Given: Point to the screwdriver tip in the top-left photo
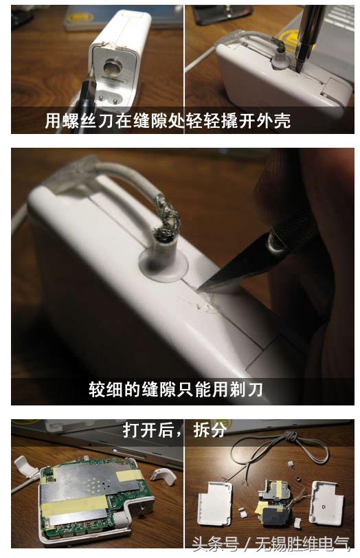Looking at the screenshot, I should pyautogui.click(x=88, y=87).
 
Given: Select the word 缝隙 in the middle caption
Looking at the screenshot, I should pyautogui.click(x=161, y=390).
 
